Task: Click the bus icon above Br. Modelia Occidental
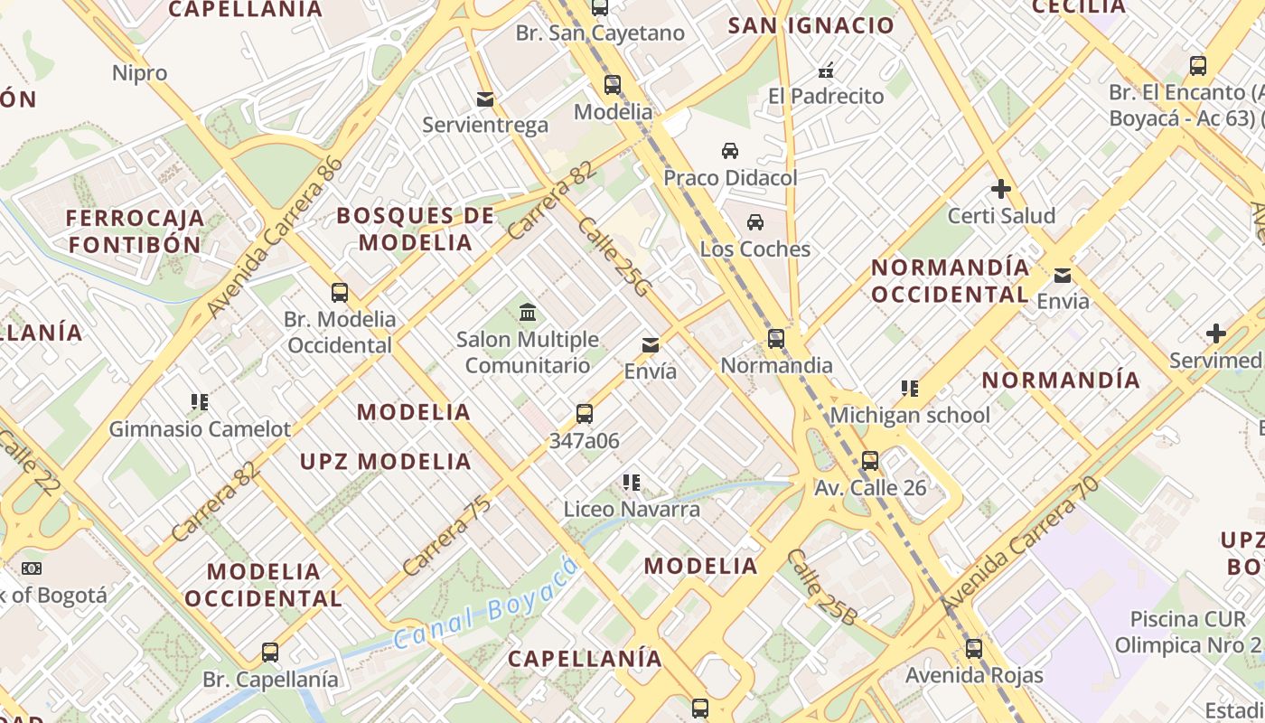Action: [x=340, y=293]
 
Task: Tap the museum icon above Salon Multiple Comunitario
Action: [x=528, y=313]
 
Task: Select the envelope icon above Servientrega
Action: [x=485, y=99]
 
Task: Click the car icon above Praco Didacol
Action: [x=729, y=151]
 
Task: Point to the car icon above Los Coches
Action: [x=755, y=222]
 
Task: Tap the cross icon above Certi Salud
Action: [x=1000, y=189]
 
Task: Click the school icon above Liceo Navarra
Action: [x=632, y=483]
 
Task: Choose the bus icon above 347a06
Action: [x=585, y=414]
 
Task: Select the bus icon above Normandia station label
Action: [x=776, y=339]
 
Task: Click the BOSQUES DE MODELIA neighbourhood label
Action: [x=416, y=229]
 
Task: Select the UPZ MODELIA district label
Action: [x=386, y=462]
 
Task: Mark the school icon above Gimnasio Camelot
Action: [x=200, y=401]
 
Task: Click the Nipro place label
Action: [x=140, y=73]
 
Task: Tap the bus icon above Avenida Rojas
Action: [x=973, y=648]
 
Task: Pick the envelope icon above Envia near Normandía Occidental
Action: [x=1063, y=275]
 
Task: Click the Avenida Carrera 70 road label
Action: [x=1019, y=547]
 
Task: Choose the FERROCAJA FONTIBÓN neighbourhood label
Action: [x=134, y=231]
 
